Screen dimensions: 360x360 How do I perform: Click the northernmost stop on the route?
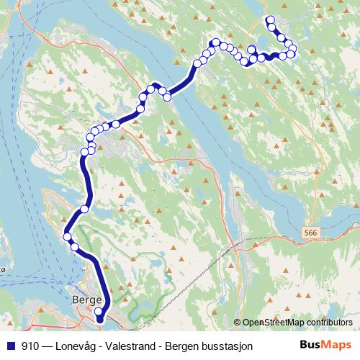[x=270, y=19]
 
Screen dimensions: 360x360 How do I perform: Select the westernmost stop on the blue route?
[x=67, y=236]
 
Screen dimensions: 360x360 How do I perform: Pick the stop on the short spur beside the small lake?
[x=252, y=49]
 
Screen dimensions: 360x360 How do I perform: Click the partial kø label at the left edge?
[x=4, y=269]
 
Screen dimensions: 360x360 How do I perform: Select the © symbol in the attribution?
[x=238, y=323]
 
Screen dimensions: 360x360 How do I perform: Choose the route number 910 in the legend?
[x=30, y=346]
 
